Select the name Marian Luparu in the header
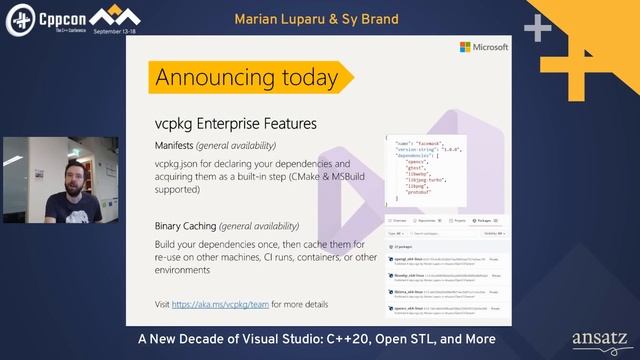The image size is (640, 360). coord(270,19)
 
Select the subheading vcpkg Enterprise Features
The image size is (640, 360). coord(235,124)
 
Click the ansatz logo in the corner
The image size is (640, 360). coord(599,338)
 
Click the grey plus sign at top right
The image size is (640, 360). coord(537,28)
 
